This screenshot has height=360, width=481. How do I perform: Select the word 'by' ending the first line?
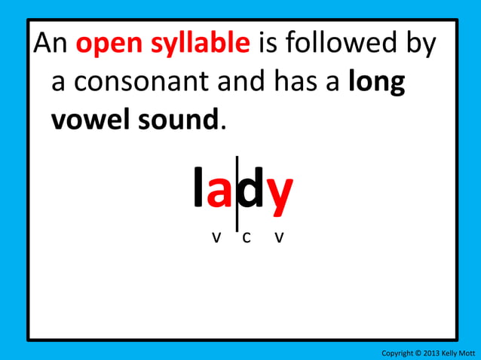(x=421, y=47)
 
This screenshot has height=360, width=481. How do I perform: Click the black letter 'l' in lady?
(x=198, y=191)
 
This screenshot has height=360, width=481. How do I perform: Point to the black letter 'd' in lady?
(x=253, y=192)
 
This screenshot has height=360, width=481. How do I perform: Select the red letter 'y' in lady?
(x=280, y=197)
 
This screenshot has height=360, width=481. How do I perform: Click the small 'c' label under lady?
(x=247, y=238)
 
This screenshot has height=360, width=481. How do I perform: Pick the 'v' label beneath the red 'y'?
(x=279, y=238)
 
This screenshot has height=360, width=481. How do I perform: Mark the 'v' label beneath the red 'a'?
(x=216, y=238)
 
